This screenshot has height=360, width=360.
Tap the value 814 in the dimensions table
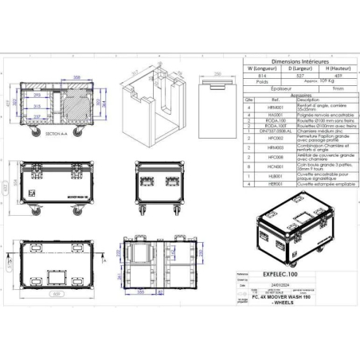pyautogui.click(x=262, y=76)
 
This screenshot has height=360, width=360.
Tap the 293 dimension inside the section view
pyautogui.click(x=35, y=95)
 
